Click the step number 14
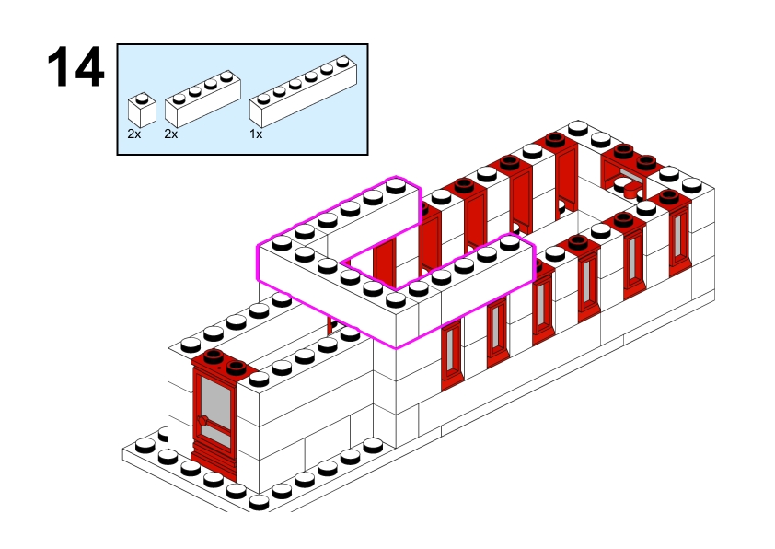pyautogui.click(x=76, y=68)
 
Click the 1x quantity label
pyautogui.click(x=256, y=134)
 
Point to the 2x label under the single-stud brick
pyautogui.click(x=134, y=134)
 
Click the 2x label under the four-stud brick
pyautogui.click(x=170, y=134)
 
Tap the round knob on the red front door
pyautogui.click(x=202, y=421)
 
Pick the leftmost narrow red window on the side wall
pyautogui.click(x=451, y=353)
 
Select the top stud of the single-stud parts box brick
pyautogui.click(x=141, y=98)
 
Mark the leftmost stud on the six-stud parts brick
pyautogui.click(x=262, y=94)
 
